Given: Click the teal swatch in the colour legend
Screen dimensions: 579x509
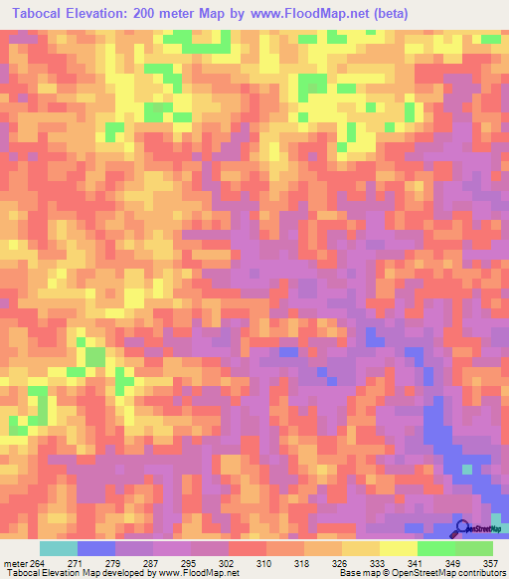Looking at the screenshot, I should pyautogui.click(x=58, y=548).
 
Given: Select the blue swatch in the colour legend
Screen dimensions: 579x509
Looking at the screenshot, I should pyautogui.click(x=95, y=548).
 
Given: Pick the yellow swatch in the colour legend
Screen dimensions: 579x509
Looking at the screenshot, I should pyautogui.click(x=398, y=548).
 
